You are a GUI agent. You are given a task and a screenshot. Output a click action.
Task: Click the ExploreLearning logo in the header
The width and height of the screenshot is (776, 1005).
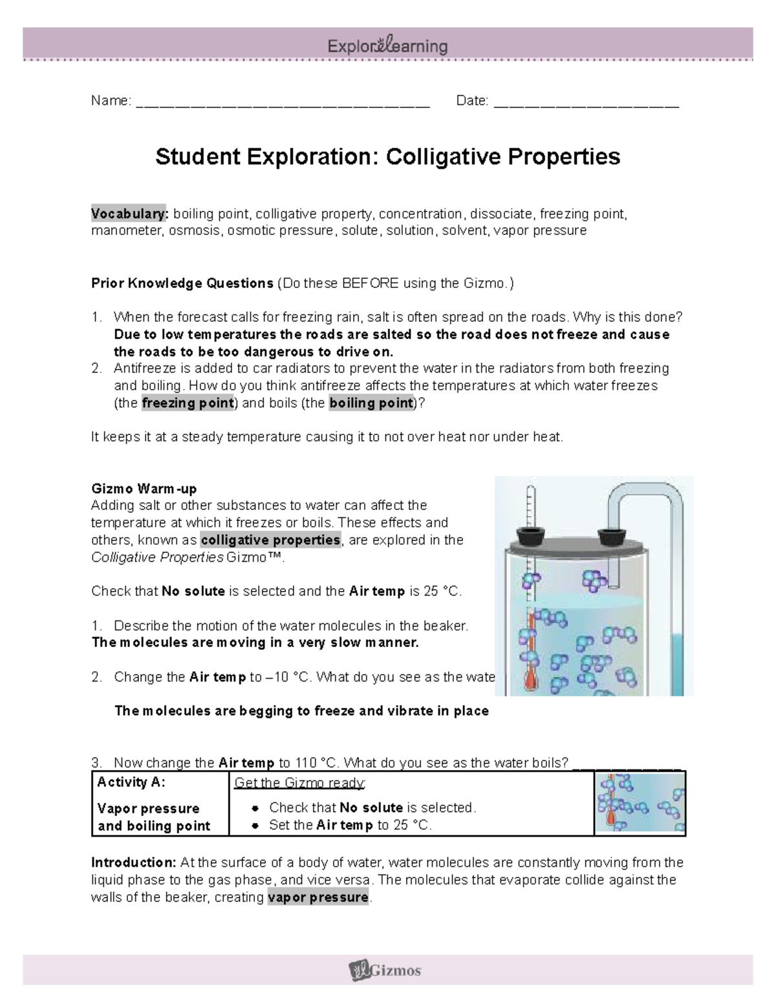point(387,46)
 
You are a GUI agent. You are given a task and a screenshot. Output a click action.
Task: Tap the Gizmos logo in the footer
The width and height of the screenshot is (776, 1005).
point(385,969)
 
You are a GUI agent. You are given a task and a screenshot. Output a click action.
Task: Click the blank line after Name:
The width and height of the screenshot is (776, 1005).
point(283,102)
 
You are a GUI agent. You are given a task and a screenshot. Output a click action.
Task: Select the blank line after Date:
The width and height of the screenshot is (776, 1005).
point(587,102)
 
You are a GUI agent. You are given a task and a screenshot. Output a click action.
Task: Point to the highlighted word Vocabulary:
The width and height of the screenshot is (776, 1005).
point(129,214)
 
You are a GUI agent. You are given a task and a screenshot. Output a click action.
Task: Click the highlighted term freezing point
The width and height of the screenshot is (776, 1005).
point(188,403)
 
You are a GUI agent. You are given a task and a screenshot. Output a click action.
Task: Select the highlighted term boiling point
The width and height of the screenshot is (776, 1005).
point(371,403)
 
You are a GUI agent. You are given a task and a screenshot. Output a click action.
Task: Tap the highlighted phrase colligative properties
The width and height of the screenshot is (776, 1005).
point(270,540)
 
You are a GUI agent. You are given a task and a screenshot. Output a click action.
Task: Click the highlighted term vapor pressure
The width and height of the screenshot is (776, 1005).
point(318,898)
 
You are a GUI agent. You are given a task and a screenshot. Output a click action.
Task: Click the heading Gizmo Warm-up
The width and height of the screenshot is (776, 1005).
point(144,488)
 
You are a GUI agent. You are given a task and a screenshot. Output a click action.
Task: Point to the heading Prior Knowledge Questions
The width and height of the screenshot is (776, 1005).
point(182,283)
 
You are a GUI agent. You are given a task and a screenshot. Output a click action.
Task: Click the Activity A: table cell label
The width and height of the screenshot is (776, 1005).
point(131,782)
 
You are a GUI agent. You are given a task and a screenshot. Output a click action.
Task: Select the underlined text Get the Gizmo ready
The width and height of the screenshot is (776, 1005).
point(299,782)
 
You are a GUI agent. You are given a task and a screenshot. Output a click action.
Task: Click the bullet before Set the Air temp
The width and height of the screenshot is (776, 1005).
point(256,825)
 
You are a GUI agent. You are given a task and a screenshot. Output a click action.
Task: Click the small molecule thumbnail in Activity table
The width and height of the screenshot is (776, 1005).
point(640,803)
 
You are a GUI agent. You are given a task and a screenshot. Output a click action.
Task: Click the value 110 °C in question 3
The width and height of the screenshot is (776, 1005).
point(314,762)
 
